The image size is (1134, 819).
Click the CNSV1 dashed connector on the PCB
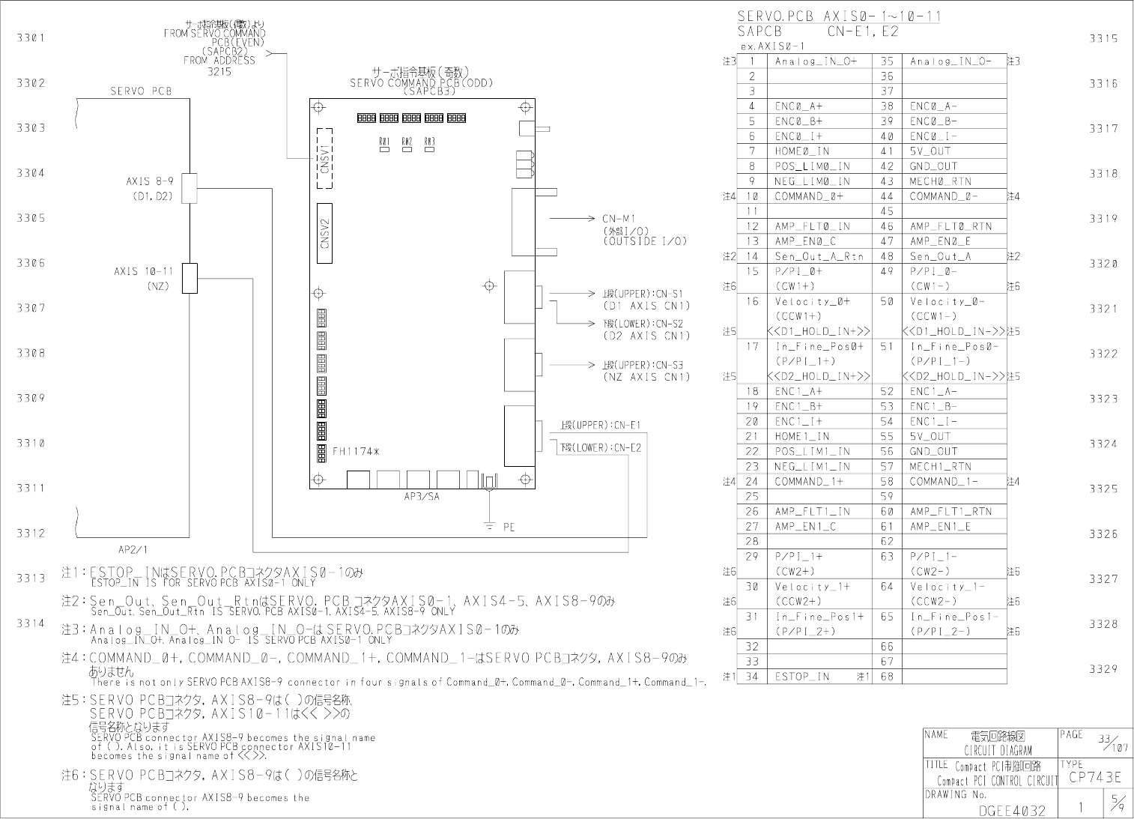[x=324, y=158]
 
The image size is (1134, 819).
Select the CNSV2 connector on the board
[x=324, y=232]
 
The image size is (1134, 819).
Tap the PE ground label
[x=509, y=528]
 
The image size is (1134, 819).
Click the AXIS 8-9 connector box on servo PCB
[x=189, y=188]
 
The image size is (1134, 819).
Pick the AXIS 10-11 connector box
[x=189, y=278]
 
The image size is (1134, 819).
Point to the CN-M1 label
[x=619, y=219]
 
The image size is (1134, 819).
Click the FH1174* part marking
[x=356, y=451]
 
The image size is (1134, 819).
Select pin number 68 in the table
[x=887, y=677]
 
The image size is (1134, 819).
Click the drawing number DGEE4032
[x=1012, y=810]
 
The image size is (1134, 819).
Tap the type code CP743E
[x=1094, y=778]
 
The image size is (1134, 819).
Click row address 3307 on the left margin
[x=31, y=308]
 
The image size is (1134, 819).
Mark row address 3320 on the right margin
[x=1103, y=264]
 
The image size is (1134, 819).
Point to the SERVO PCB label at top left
[x=141, y=91]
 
